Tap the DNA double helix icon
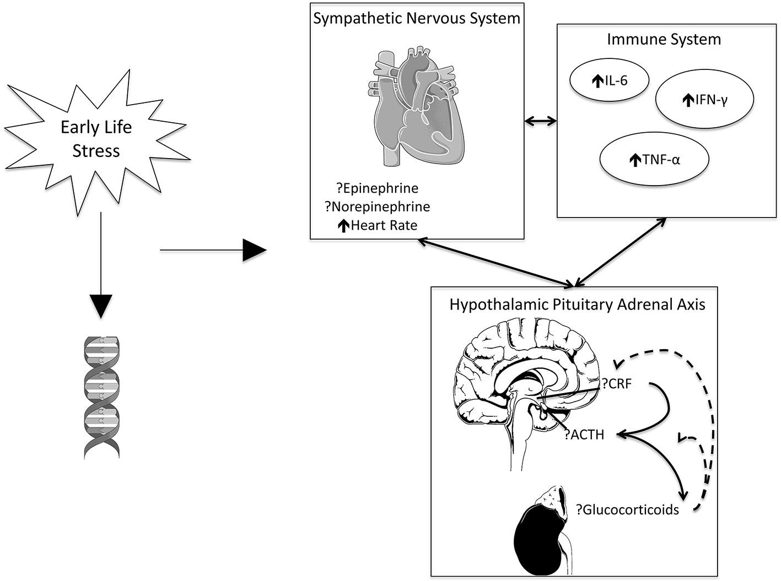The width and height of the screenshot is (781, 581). pos(101,397)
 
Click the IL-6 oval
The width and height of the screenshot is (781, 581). pos(609,81)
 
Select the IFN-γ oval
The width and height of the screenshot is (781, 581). pos(704,99)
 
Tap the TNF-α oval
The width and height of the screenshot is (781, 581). pos(654,160)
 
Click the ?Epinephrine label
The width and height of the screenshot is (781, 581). pos(377,188)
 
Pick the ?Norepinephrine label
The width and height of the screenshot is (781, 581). pos(377,207)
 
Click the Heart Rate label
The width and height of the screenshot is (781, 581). pos(384,225)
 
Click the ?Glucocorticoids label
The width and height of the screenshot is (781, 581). pos(627,509)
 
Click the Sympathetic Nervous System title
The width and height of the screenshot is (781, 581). pos(417,18)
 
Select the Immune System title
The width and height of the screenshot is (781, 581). pos(664,39)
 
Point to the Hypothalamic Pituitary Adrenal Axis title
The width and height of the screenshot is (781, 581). pos(577,305)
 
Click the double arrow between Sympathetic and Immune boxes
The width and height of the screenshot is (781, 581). pos(540,121)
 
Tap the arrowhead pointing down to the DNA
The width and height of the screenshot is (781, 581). pos(100,306)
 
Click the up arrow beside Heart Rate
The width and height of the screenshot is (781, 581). pos(343,226)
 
